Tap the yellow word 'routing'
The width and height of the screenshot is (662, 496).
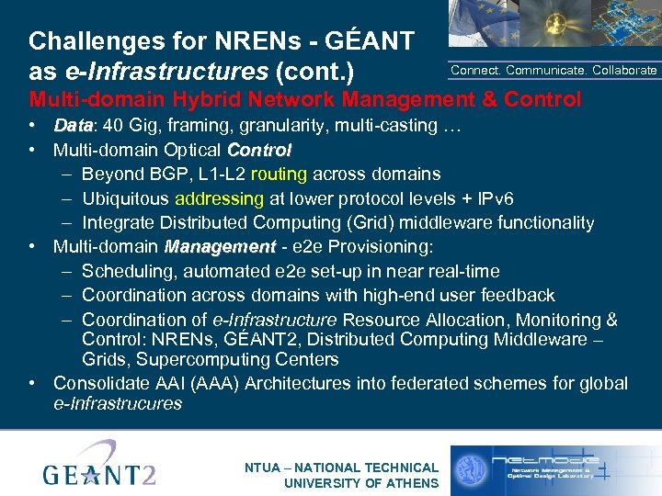click(x=280, y=174)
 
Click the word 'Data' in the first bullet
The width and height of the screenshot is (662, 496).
click(x=71, y=125)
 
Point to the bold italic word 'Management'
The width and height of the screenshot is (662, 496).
click(x=220, y=247)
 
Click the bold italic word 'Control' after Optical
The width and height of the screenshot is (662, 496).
click(x=259, y=150)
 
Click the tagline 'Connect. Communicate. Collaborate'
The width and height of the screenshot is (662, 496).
click(x=554, y=70)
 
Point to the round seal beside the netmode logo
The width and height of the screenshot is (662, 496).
click(x=472, y=469)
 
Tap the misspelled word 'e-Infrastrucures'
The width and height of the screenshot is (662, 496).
click(x=118, y=403)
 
